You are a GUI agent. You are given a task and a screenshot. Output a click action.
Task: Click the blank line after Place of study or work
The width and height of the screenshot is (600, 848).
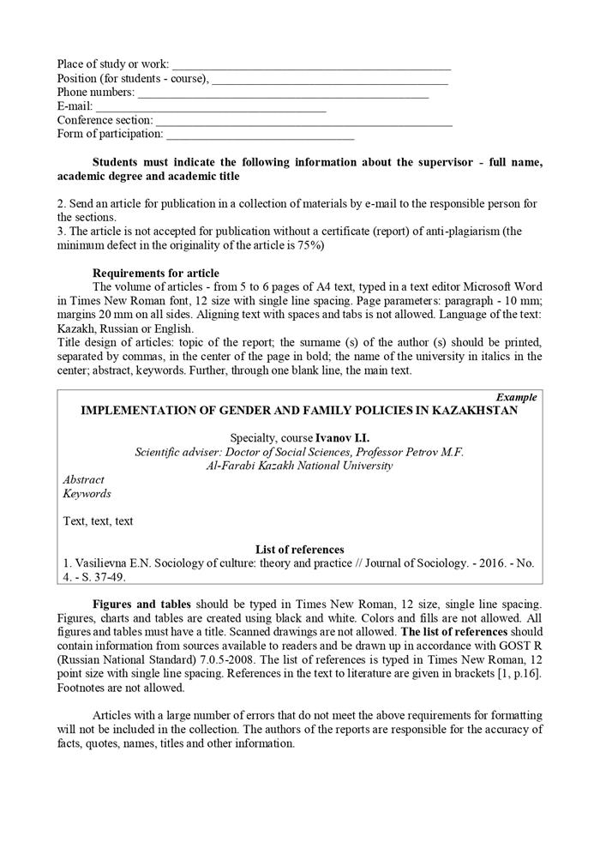(311, 66)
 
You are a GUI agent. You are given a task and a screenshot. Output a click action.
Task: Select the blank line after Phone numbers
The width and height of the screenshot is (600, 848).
(283, 93)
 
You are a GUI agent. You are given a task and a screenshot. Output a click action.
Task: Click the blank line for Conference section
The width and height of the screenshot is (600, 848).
(303, 122)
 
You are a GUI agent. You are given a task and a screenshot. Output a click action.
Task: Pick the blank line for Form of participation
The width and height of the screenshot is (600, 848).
(261, 135)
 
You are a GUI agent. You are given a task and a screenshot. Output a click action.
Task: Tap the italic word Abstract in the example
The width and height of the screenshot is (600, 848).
(84, 480)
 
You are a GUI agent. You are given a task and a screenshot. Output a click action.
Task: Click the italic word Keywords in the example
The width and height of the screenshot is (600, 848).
(87, 494)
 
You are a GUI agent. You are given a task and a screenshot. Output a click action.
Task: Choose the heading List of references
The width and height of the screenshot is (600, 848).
(299, 550)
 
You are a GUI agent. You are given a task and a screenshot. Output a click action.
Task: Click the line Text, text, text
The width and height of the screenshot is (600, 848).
(98, 521)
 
